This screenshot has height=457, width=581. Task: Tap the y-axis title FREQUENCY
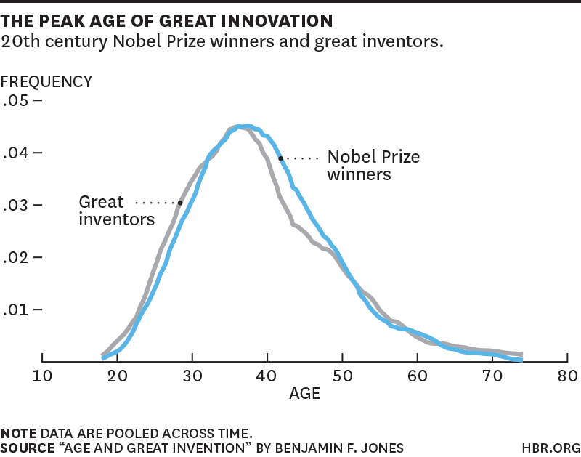coord(46,81)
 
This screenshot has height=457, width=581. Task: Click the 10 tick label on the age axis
coord(43,376)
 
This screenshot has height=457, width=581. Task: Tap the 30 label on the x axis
coord(192,376)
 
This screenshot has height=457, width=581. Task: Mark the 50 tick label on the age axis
coord(343,376)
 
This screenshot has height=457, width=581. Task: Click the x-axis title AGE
coord(304,395)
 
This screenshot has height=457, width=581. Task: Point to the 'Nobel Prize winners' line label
coord(373,166)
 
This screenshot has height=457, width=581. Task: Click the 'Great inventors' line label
coord(116,209)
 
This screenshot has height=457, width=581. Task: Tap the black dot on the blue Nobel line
coord(280,158)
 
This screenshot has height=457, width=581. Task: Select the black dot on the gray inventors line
coord(180,202)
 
